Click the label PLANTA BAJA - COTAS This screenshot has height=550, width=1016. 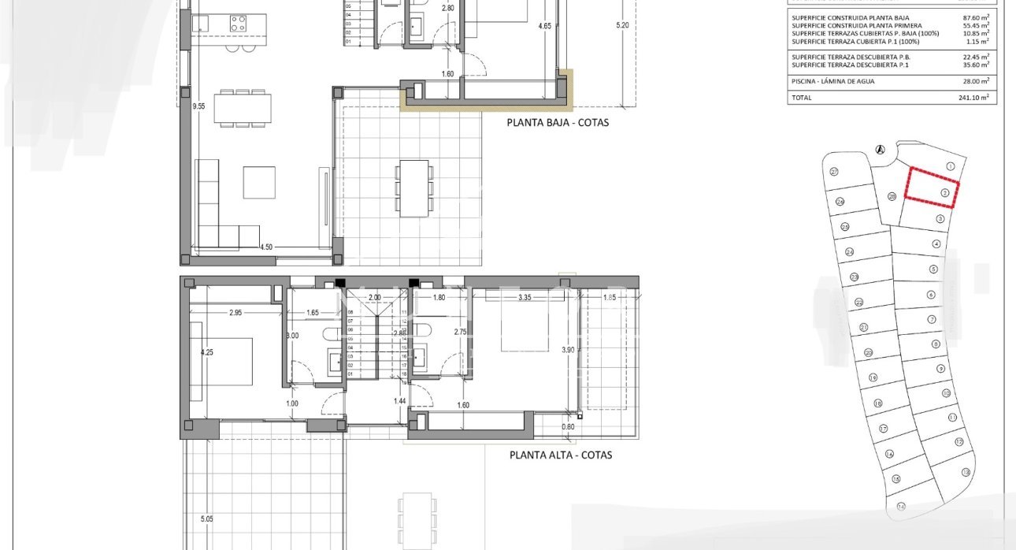[558, 122]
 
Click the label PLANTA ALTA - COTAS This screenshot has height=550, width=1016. [560, 455]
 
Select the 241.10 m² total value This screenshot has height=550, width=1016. [977, 98]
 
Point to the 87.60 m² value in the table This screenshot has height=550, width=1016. [977, 16]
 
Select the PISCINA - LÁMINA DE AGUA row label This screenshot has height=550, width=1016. [832, 81]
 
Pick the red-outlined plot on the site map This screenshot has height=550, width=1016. [933, 188]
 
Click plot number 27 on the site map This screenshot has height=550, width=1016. [833, 172]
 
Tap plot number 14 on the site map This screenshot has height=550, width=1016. [900, 506]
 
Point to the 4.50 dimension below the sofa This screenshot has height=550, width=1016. [267, 247]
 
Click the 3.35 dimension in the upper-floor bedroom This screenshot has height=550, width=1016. [522, 298]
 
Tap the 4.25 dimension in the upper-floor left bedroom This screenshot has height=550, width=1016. [207, 352]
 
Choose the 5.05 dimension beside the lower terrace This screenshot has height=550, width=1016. [206, 518]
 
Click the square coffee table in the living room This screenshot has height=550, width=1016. [259, 182]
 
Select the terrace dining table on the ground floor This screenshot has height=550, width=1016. [414, 188]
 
